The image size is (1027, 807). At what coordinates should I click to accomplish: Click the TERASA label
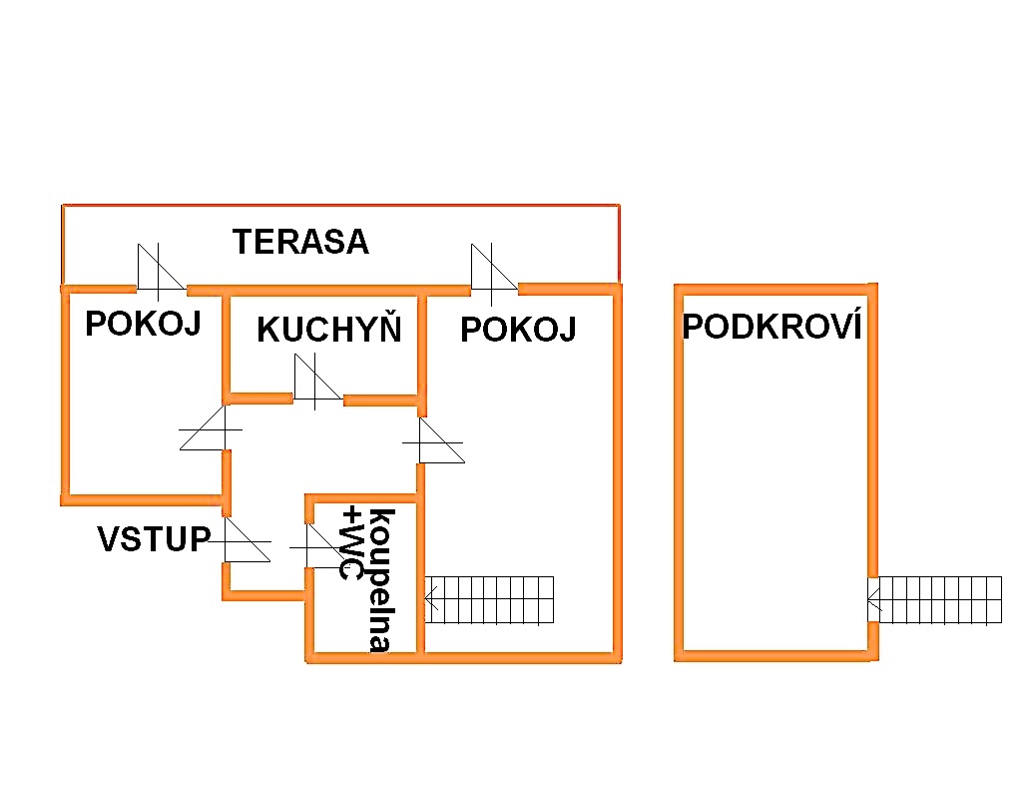click(300, 242)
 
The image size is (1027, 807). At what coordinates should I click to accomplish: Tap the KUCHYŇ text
click(328, 330)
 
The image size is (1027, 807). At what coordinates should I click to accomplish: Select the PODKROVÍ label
click(771, 327)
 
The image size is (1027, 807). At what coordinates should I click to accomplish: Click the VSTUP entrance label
click(154, 539)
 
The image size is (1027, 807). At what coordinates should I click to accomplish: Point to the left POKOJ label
click(143, 324)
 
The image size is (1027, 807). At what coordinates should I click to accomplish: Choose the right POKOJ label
click(518, 330)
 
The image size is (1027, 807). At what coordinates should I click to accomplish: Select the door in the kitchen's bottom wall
click(317, 385)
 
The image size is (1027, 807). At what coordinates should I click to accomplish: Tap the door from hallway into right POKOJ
click(439, 440)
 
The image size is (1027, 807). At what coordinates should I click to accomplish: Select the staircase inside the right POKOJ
click(489, 599)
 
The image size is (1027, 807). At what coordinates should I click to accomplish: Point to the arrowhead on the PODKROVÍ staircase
click(873, 600)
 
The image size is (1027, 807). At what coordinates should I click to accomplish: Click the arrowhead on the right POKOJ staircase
click(431, 599)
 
